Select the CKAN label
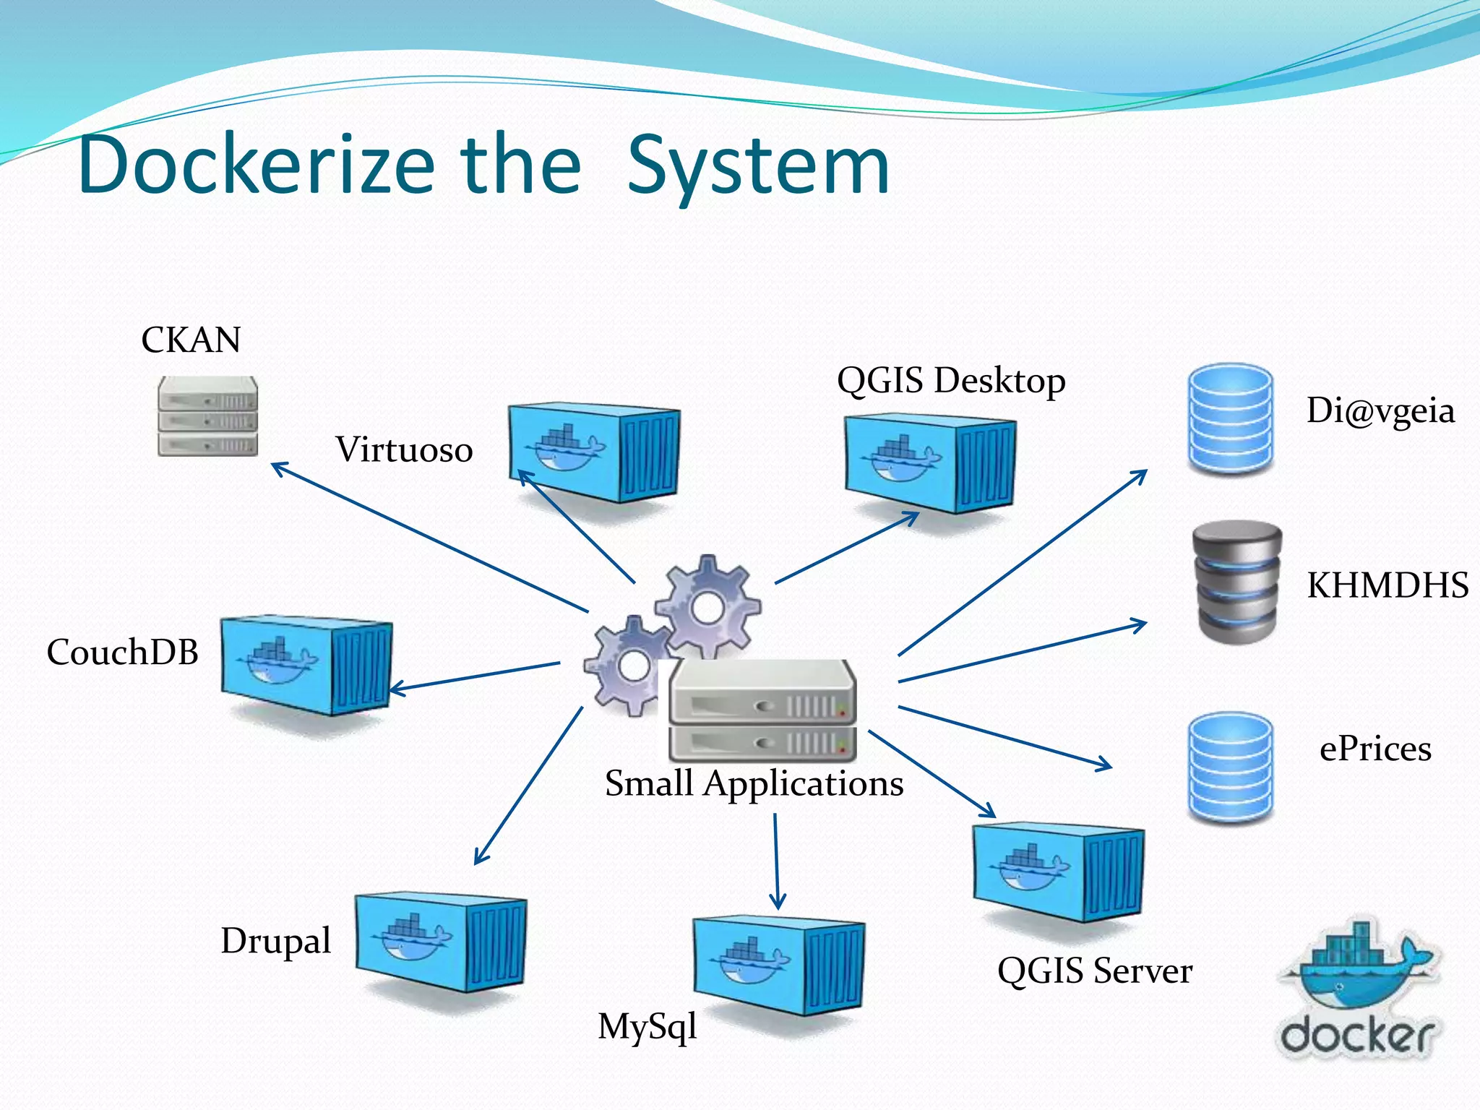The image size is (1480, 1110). click(x=191, y=340)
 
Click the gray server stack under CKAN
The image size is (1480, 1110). click(x=208, y=416)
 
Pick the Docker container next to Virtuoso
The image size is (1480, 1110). click(x=594, y=452)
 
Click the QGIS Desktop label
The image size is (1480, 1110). click(x=951, y=381)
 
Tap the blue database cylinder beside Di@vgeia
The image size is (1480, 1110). click(x=1230, y=419)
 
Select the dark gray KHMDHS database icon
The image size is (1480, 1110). click(x=1236, y=582)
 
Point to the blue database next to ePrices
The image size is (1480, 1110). click(x=1230, y=767)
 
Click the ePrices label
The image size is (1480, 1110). click(x=1375, y=749)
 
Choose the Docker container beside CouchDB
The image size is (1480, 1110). click(x=306, y=666)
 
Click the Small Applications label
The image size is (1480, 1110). click(x=754, y=783)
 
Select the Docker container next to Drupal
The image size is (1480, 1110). click(x=441, y=942)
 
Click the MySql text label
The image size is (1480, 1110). click(x=647, y=1026)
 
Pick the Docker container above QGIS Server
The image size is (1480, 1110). click(x=1059, y=872)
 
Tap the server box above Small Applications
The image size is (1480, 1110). click(x=762, y=712)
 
